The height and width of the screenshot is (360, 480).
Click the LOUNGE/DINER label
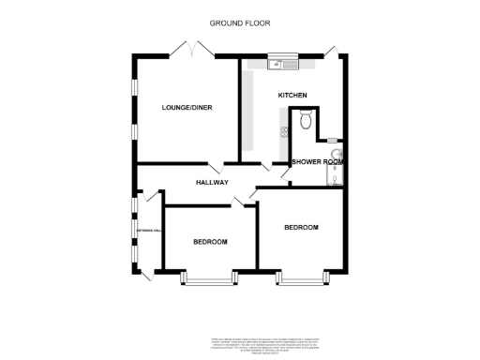tap(187, 108)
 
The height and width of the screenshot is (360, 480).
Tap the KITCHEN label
tap(292, 97)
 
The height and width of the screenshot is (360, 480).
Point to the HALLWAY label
tap(212, 182)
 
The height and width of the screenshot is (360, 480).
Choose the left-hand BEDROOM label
tap(210, 242)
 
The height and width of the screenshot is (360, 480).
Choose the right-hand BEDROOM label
tap(302, 227)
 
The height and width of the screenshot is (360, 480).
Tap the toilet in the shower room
tap(304, 119)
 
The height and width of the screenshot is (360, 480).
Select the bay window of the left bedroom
tap(208, 278)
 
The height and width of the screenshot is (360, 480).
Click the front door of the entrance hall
tap(147, 273)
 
